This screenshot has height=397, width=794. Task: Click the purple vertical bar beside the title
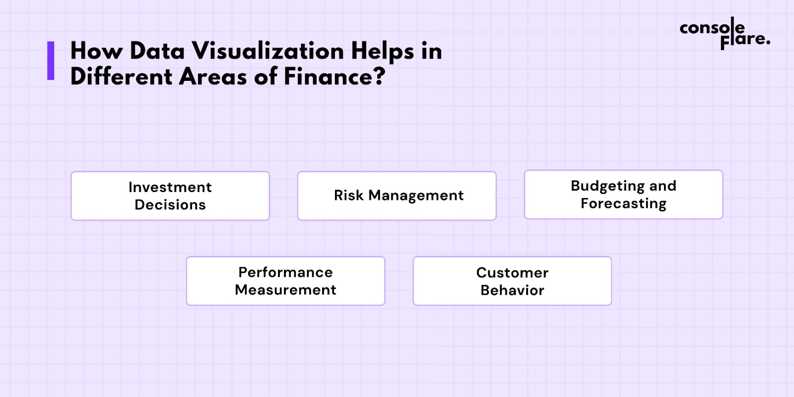point(51,61)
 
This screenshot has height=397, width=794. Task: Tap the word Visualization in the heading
point(268,51)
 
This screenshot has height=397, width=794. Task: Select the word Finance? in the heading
point(334,77)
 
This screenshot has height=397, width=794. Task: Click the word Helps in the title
point(383,52)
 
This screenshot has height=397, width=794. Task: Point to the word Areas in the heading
point(213,77)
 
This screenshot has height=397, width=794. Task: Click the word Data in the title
point(157,51)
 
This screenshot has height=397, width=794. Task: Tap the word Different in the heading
point(121,76)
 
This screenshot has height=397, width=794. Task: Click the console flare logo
point(725,34)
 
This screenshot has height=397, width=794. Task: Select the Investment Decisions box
point(170,196)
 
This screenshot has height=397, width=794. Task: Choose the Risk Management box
point(397,196)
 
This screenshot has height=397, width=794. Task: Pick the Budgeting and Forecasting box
point(623,195)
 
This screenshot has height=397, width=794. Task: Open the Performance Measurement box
point(286,281)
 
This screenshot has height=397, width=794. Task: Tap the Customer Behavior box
point(512,281)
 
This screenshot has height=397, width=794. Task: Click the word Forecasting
point(623,204)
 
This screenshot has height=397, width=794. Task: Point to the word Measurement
point(285,290)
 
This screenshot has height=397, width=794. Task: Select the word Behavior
point(512,290)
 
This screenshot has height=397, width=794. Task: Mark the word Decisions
point(170,205)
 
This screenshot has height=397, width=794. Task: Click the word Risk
point(349,196)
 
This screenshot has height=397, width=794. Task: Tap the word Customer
point(512,273)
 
